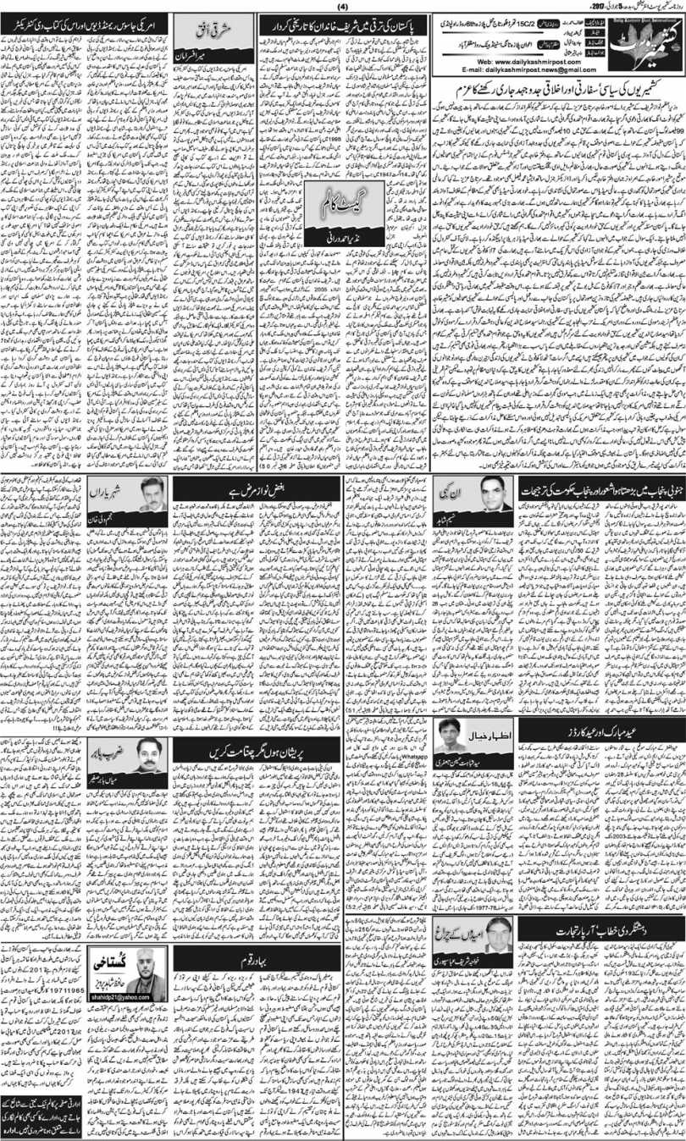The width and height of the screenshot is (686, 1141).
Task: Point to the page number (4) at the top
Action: pyautogui.click(x=342, y=6)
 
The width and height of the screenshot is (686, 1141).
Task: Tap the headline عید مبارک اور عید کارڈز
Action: pyautogui.click(x=602, y=725)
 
